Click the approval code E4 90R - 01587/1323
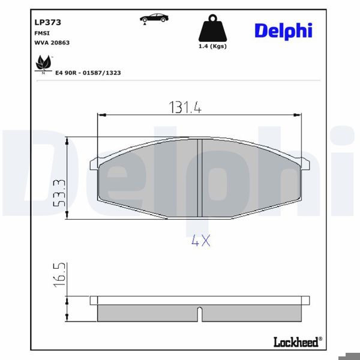(x=88, y=72)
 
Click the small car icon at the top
(x=154, y=18)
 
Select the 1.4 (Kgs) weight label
(x=212, y=46)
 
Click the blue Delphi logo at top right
(x=283, y=31)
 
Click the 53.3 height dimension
(x=58, y=192)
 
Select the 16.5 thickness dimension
(x=58, y=274)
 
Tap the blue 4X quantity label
(x=200, y=241)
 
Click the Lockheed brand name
(x=297, y=342)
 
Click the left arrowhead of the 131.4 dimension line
(x=101, y=114)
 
